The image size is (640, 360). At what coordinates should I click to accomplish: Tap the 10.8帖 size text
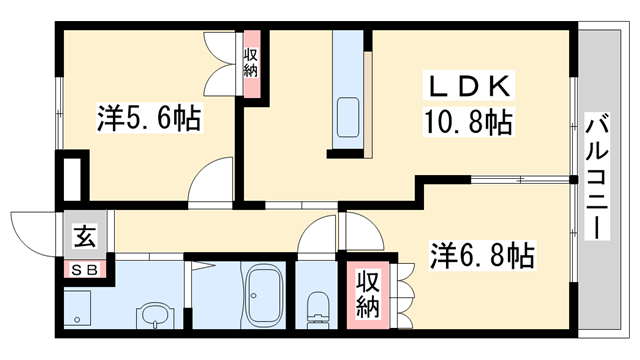465,123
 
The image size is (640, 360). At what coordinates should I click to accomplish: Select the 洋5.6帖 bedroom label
148,119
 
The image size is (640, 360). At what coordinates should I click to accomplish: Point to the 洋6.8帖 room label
482,254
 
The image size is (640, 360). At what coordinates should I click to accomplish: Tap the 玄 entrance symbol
83,237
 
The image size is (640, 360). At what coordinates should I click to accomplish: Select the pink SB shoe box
83,269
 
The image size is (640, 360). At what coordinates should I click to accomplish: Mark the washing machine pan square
79,305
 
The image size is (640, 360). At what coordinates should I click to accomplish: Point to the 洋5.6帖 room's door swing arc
212,181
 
